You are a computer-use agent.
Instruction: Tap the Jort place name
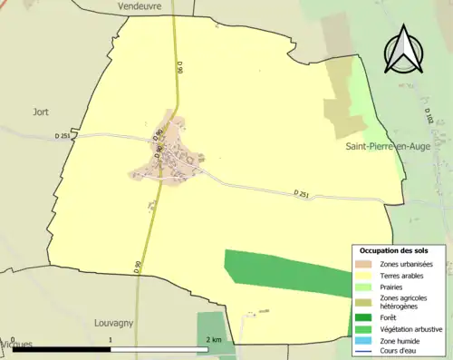(39, 112)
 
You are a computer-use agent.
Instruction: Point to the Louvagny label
(114, 322)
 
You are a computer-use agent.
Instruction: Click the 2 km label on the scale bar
(214, 339)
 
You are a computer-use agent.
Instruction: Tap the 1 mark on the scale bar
(111, 339)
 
